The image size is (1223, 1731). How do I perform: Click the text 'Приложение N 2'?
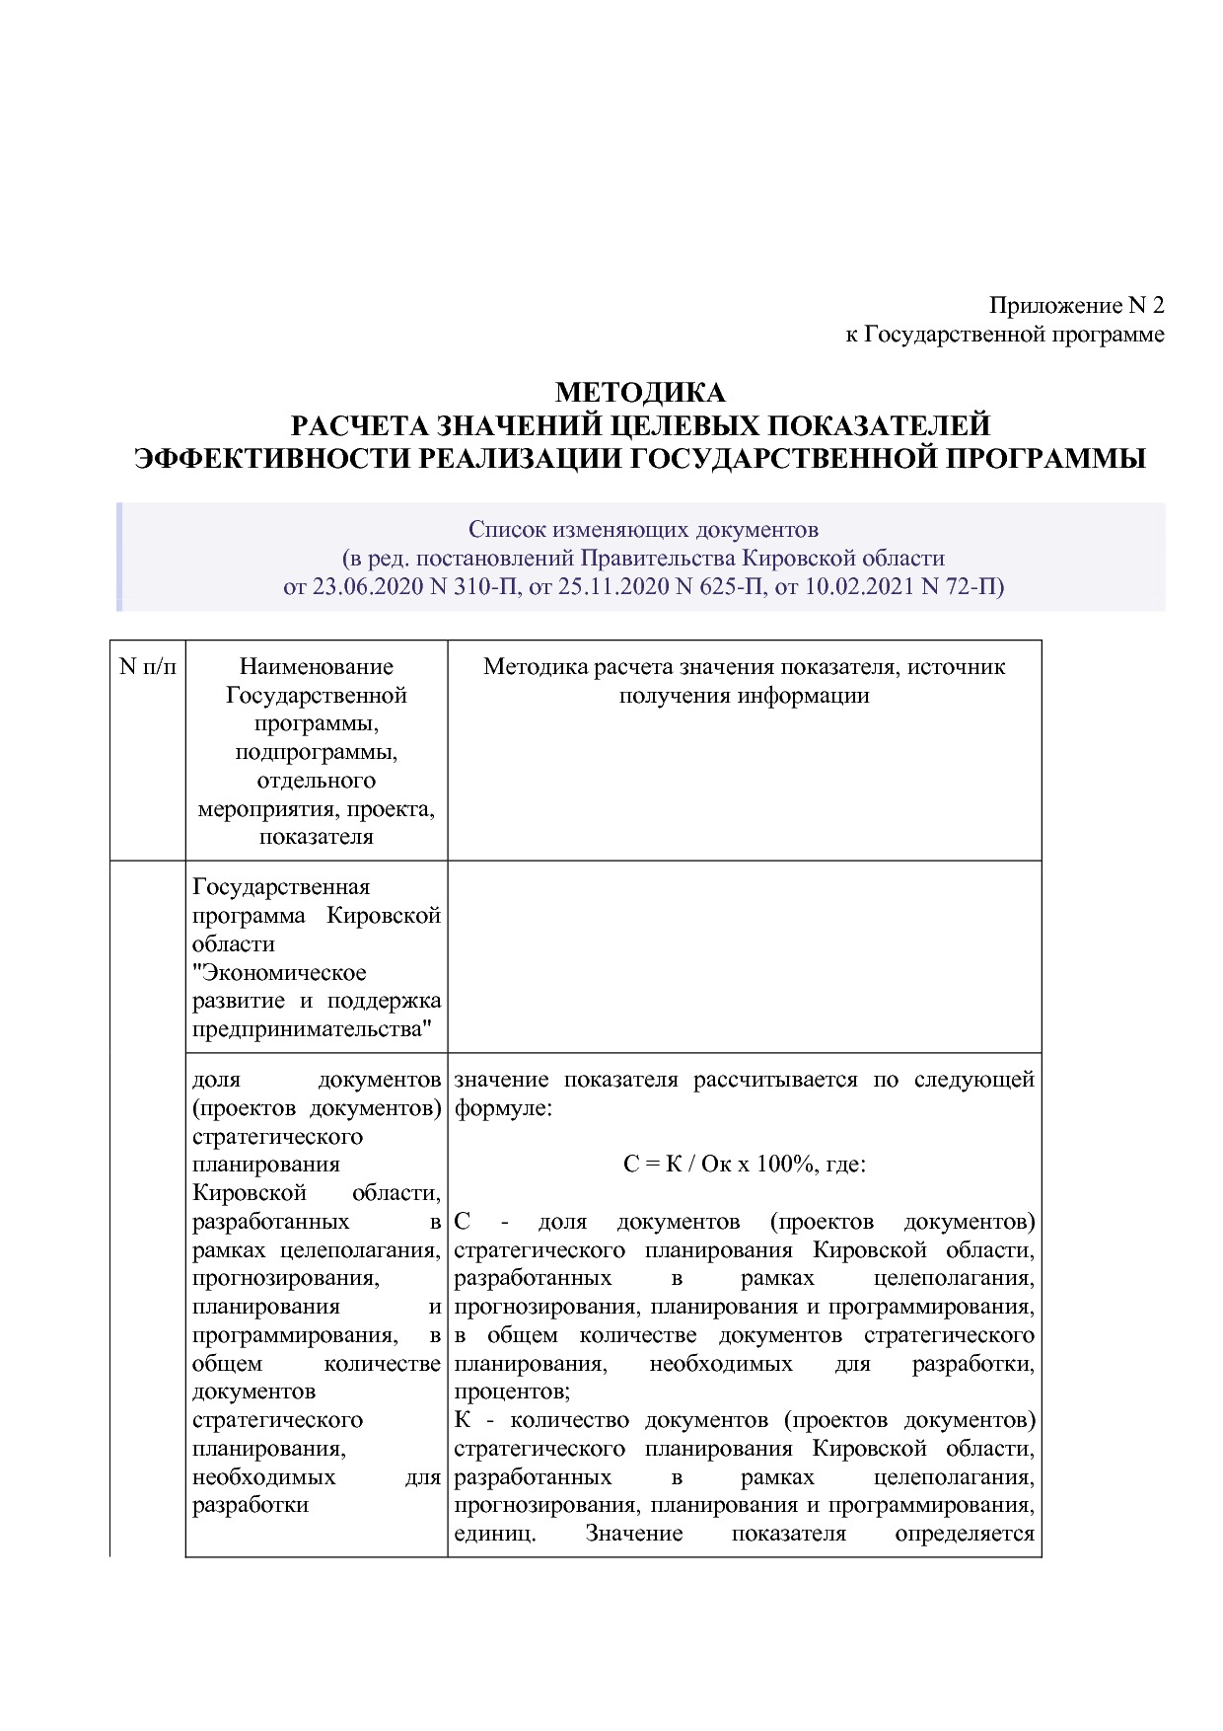(x=1076, y=305)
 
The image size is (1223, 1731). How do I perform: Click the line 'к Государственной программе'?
(x=1004, y=335)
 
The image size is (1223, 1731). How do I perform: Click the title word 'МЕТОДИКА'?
(x=640, y=393)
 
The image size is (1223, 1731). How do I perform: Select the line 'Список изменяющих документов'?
(x=643, y=529)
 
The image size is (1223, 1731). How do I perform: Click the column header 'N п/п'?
(x=148, y=666)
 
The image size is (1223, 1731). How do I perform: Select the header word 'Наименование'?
(x=317, y=666)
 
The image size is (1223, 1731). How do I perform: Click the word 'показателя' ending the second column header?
(x=317, y=837)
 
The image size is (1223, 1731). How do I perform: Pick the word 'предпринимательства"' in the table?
(x=313, y=1030)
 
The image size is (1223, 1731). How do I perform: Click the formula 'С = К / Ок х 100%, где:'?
(x=744, y=1165)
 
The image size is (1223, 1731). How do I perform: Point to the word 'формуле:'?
(x=503, y=1108)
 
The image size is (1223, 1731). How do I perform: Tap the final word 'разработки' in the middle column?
(x=251, y=1506)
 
